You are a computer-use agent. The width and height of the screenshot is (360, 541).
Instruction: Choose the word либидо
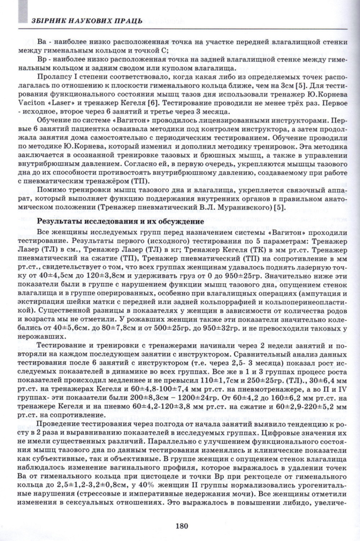point(295,502)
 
